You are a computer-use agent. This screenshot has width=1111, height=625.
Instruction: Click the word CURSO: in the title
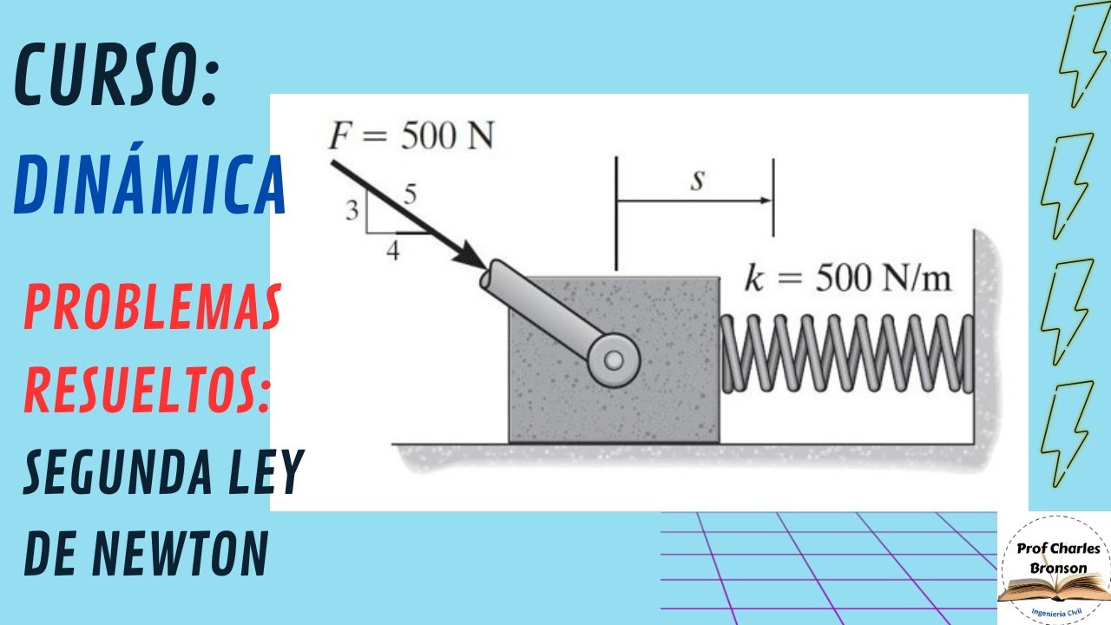pos(117,75)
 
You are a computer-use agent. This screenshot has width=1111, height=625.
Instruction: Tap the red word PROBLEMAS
pos(153,307)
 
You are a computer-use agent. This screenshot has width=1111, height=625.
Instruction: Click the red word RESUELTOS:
pos(147,390)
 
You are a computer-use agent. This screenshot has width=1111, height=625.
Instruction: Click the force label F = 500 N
pos(411,135)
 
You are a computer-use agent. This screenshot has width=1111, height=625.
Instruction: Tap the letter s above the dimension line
pos(698,180)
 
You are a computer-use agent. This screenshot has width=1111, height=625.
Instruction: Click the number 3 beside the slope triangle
pos(352,210)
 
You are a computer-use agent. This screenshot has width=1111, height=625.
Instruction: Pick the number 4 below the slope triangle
pos(393,251)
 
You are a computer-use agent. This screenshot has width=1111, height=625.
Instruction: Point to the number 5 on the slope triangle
pos(411,194)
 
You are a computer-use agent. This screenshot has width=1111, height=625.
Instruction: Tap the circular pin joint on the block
pos(614,360)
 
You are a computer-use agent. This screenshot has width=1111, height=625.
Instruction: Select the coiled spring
pos(846,353)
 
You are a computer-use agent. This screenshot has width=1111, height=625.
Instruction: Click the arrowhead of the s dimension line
pos(766,201)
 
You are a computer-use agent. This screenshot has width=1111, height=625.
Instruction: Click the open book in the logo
pos(1054,593)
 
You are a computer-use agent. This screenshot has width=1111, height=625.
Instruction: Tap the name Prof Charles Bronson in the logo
pos(1058,558)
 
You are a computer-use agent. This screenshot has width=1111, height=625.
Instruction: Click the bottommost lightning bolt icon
pos(1067,434)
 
